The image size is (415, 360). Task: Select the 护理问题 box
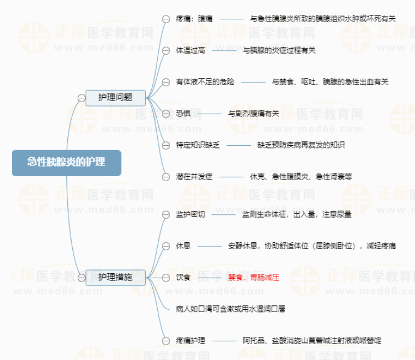(115, 98)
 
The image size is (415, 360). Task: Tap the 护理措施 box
(115, 277)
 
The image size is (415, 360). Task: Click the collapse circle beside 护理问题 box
(82, 98)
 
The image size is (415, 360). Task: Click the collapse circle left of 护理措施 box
(82, 278)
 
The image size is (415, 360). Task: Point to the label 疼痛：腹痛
(194, 19)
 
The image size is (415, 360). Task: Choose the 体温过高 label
(190, 50)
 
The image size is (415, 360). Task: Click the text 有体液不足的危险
(205, 82)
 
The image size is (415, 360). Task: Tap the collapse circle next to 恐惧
(166, 114)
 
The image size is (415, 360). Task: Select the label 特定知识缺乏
(198, 145)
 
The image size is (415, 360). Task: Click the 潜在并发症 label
(194, 177)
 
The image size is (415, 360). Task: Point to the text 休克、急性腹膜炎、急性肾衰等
(301, 177)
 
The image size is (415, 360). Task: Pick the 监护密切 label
(190, 214)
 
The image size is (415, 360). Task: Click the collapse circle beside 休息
(166, 246)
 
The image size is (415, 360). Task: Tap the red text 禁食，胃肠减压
(253, 277)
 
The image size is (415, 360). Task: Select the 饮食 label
(183, 277)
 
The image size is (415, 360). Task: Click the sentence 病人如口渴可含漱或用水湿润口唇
(231, 309)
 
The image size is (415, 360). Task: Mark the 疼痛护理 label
(190, 340)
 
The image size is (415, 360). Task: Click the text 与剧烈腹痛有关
(253, 114)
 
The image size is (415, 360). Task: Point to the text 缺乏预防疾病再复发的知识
(301, 145)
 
